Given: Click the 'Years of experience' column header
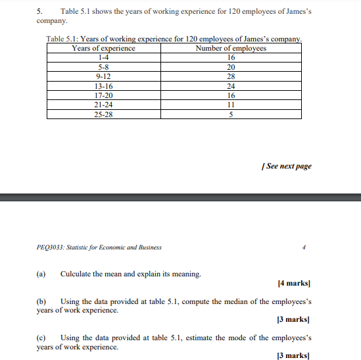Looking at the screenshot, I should pos(103,48).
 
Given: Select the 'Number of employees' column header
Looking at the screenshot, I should pos(231,48).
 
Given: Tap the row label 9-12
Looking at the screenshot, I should pos(103,76).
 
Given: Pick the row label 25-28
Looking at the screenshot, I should pos(103,114).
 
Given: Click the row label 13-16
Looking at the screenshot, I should pos(103,86).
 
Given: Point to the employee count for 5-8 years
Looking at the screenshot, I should pos(231,67).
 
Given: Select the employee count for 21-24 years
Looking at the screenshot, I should pos(231,105).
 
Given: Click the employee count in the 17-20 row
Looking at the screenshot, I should pos(231,95).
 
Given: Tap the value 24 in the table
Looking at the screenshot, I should pos(231,86).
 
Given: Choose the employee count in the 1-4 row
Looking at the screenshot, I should pos(231,57).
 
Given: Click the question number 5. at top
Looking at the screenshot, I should pos(39,12).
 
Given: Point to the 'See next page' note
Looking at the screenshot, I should pos(287,166).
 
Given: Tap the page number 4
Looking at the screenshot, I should pos(304,247).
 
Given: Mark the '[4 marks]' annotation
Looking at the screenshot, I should pos(294,284).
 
